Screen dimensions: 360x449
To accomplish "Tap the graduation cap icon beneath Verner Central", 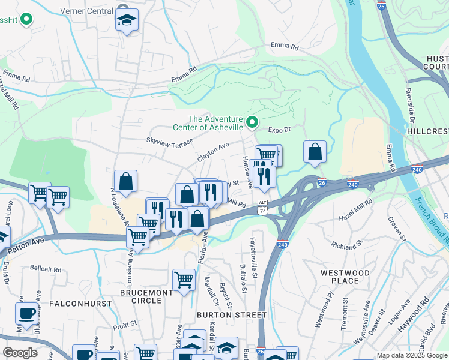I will (x=127, y=21).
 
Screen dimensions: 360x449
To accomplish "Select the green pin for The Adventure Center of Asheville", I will (x=253, y=123).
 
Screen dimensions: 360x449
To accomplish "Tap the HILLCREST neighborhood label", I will (x=427, y=130).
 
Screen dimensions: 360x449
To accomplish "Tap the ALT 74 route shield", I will (x=262, y=208).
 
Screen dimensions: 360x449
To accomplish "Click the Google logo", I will (x=20, y=353).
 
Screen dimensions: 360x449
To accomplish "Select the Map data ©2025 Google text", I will (x=411, y=355).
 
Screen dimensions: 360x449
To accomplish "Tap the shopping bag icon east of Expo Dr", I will (x=315, y=153).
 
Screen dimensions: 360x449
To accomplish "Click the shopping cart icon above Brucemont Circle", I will (x=184, y=279).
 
